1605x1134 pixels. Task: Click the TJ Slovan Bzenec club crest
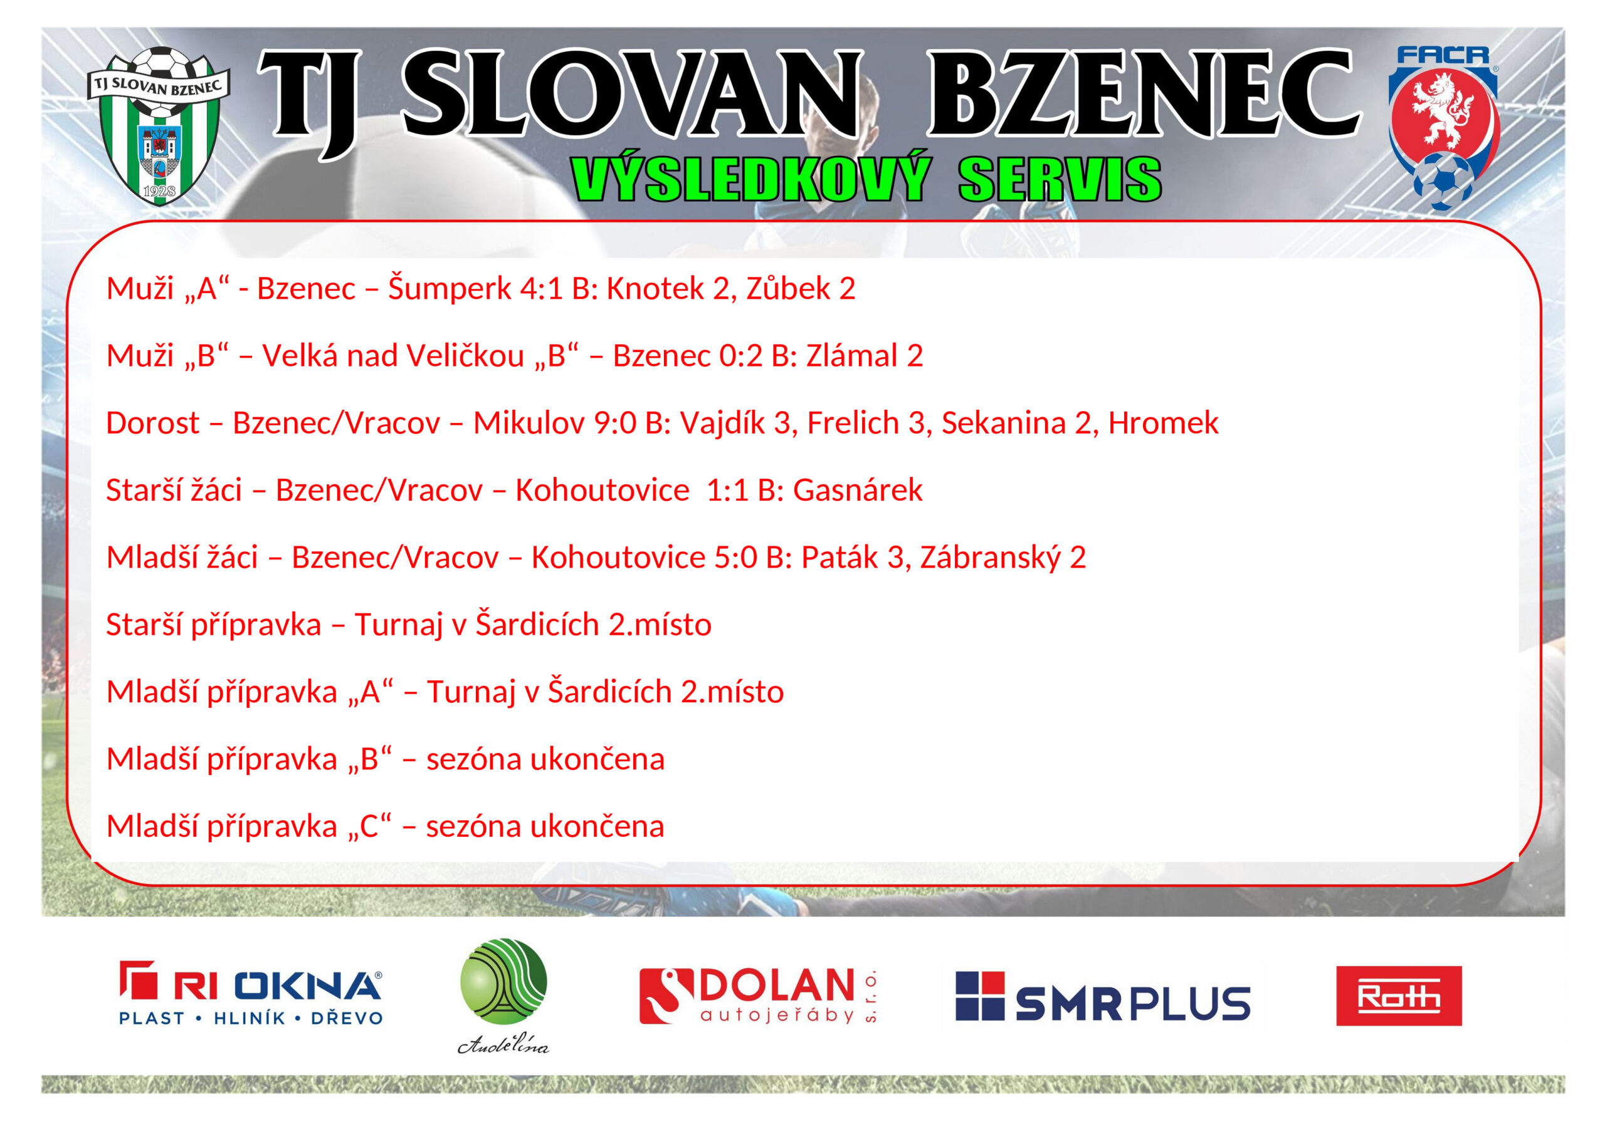(x=159, y=127)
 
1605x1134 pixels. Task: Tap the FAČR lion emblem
(x=1443, y=128)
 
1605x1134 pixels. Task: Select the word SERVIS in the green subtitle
(x=1060, y=179)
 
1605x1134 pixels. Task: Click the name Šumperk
(x=450, y=287)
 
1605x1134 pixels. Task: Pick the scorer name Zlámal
(x=852, y=356)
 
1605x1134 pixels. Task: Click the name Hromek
(x=1163, y=424)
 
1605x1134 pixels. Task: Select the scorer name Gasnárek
(x=858, y=490)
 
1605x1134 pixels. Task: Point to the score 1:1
(x=728, y=491)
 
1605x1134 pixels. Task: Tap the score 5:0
(x=735, y=558)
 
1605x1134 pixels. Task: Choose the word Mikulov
(x=529, y=424)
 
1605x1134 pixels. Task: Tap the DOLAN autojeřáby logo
(x=758, y=996)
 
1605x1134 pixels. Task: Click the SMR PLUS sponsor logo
(x=1102, y=996)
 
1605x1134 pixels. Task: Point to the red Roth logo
(x=1398, y=996)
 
